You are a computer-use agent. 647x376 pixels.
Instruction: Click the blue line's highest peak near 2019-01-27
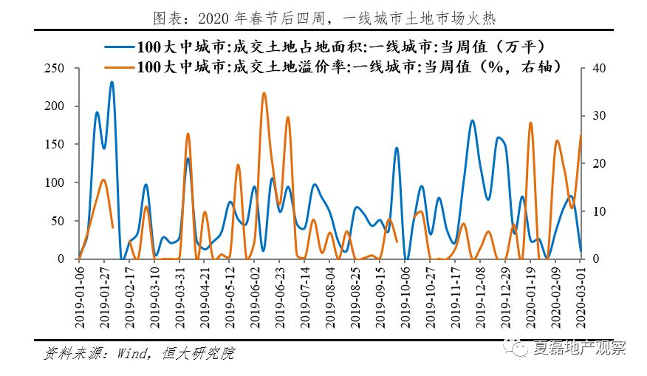click(112, 82)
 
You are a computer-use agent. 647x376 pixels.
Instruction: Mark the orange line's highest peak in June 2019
click(264, 93)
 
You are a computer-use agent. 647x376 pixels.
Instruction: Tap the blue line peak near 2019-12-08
click(473, 120)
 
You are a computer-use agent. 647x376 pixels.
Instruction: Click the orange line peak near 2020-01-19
click(530, 123)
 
